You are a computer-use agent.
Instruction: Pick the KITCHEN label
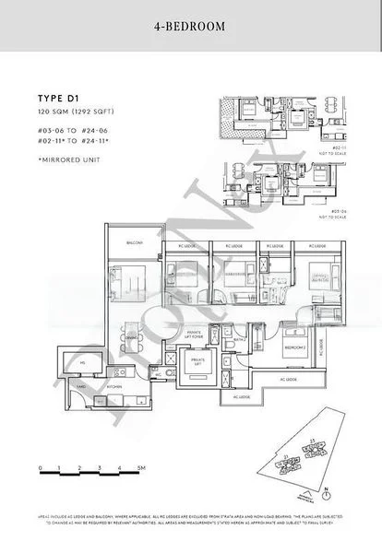(x=113, y=388)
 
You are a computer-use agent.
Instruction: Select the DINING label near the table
(x=132, y=337)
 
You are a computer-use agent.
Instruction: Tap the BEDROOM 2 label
(x=295, y=347)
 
